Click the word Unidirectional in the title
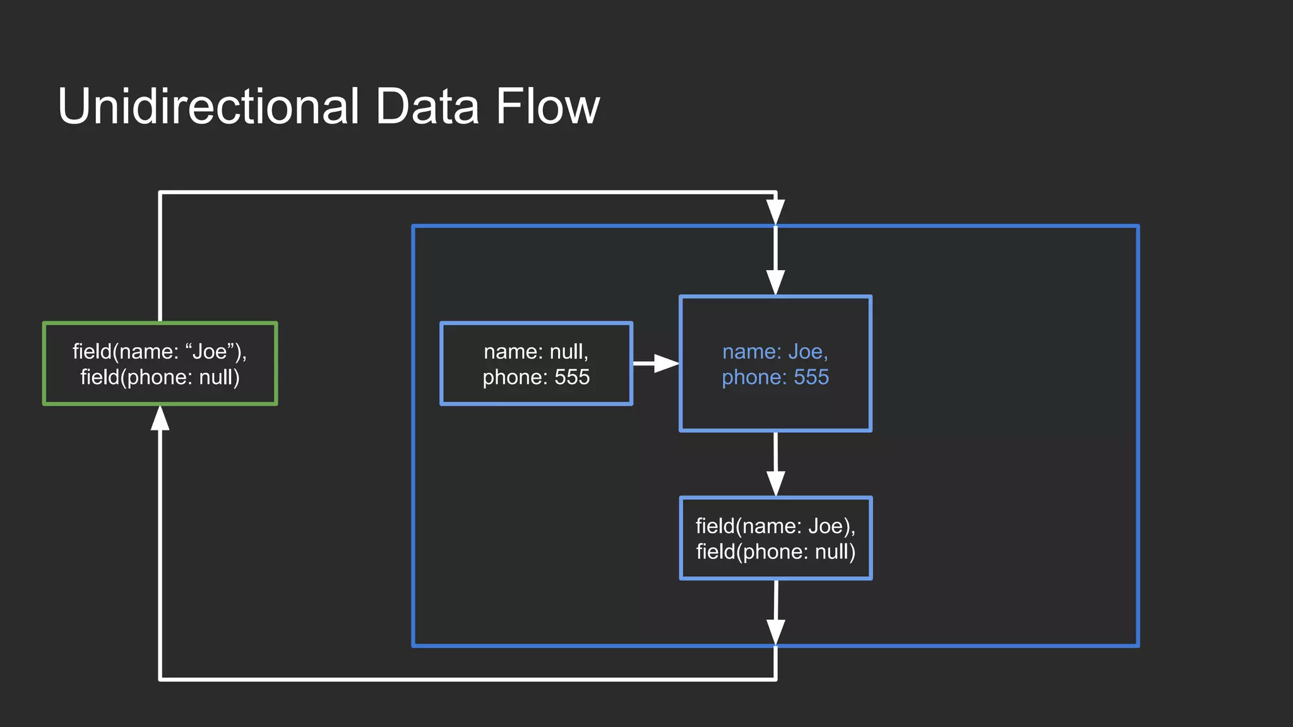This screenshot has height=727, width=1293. tap(208, 106)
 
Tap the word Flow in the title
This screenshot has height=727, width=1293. tap(547, 106)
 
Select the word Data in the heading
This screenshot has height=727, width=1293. tap(427, 106)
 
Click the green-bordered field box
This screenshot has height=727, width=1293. tap(160, 363)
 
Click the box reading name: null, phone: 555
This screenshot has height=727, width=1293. tap(536, 363)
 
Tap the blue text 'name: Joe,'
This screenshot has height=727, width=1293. tap(775, 351)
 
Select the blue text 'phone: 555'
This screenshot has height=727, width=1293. tap(775, 377)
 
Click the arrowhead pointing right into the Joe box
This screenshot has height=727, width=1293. tap(666, 363)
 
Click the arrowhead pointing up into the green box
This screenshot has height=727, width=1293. tap(160, 418)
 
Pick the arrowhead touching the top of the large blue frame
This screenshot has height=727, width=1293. tap(775, 212)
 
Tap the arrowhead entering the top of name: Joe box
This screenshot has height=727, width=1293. tap(775, 283)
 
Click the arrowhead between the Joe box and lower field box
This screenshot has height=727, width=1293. tap(775, 483)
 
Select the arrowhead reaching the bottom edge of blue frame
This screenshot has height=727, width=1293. tap(775, 632)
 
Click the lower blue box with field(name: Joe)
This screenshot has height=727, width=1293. tap(775, 538)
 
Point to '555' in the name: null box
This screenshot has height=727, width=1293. tap(572, 377)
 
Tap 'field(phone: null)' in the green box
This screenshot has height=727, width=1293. tap(160, 377)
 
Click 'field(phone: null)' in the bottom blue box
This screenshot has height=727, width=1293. tap(775, 552)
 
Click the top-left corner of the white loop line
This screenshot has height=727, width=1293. tap(160, 192)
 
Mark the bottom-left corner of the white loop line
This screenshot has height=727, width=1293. tap(160, 679)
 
